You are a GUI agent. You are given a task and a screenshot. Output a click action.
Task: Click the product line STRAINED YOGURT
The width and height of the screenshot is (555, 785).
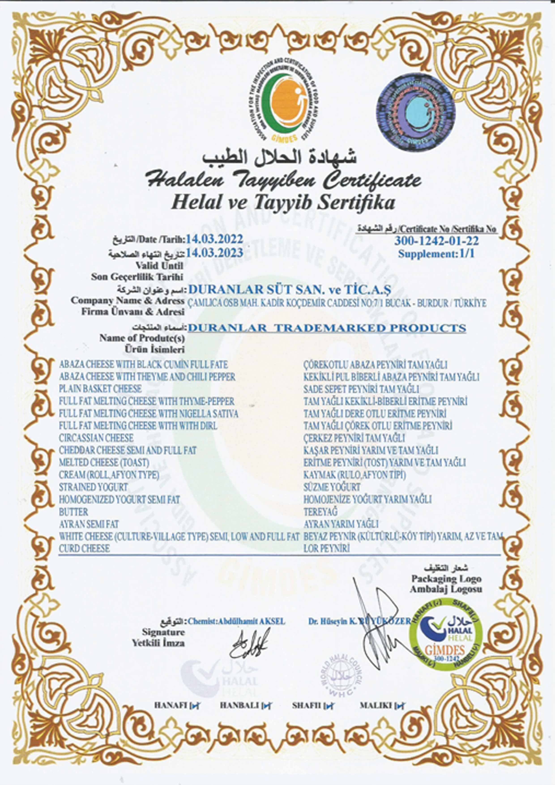93,487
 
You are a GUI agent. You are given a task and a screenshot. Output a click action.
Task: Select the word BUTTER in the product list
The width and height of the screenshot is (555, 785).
74,512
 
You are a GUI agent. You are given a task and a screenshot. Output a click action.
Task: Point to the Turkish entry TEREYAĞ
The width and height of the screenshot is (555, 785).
320,512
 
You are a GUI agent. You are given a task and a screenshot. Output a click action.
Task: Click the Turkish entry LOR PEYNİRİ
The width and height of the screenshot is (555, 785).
327,549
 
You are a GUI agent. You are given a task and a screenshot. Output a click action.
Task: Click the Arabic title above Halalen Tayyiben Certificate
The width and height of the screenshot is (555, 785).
279,158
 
